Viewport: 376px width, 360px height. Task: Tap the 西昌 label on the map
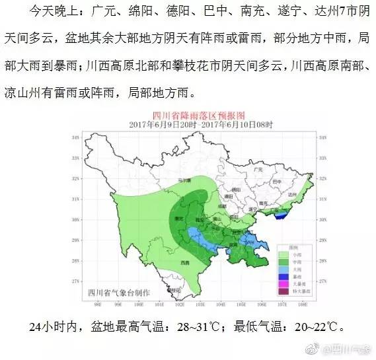click(x=184, y=262)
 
